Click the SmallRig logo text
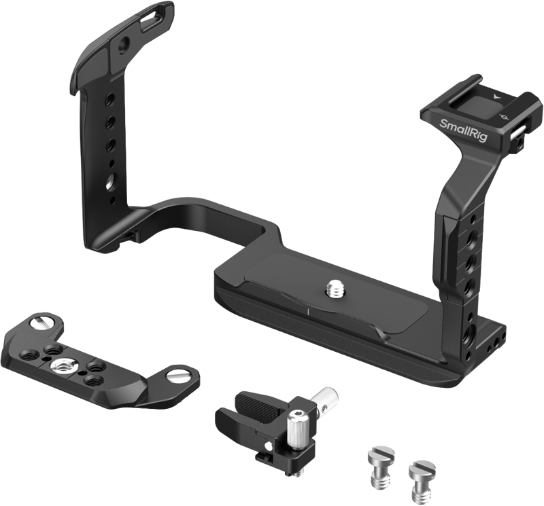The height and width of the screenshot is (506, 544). (x=464, y=130)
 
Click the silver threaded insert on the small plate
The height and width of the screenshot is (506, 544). (x=58, y=365)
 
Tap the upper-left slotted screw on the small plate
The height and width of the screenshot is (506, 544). (x=42, y=323)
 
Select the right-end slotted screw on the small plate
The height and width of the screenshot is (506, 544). (x=177, y=375)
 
